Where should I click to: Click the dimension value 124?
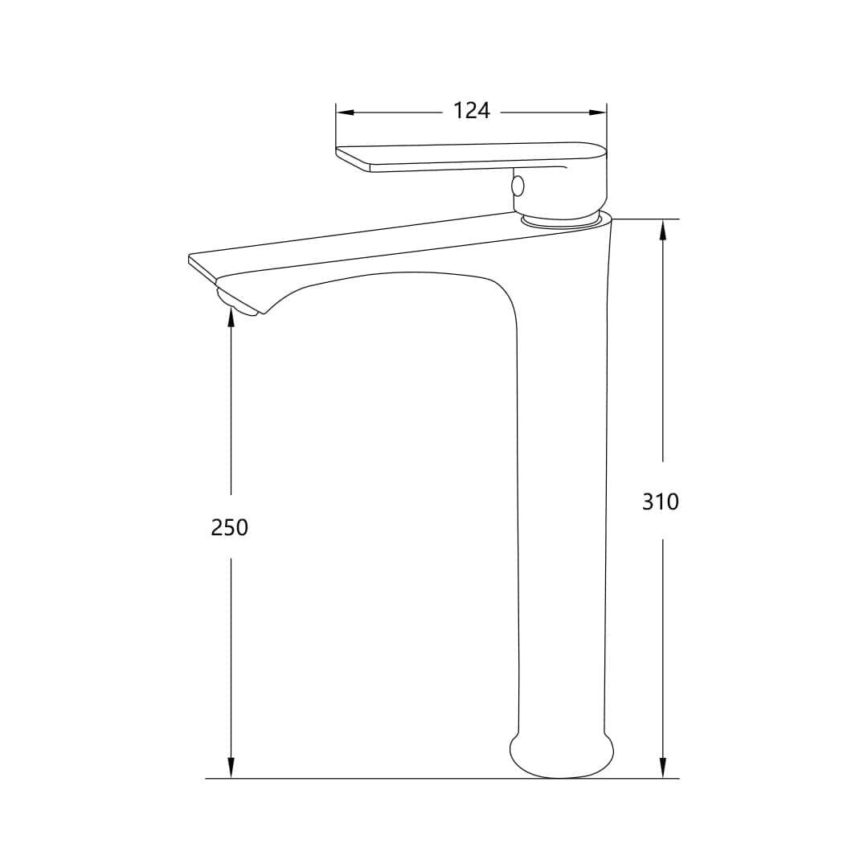click(x=472, y=111)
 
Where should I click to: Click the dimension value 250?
click(x=230, y=527)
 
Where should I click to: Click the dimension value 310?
click(x=661, y=502)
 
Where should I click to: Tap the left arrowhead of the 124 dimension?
click(x=345, y=113)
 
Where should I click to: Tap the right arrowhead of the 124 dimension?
click(x=598, y=113)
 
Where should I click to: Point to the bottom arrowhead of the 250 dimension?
click(x=231, y=769)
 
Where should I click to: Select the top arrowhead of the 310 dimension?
click(x=663, y=228)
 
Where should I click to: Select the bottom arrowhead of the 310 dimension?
click(x=663, y=769)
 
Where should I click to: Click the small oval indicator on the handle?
click(x=518, y=186)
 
